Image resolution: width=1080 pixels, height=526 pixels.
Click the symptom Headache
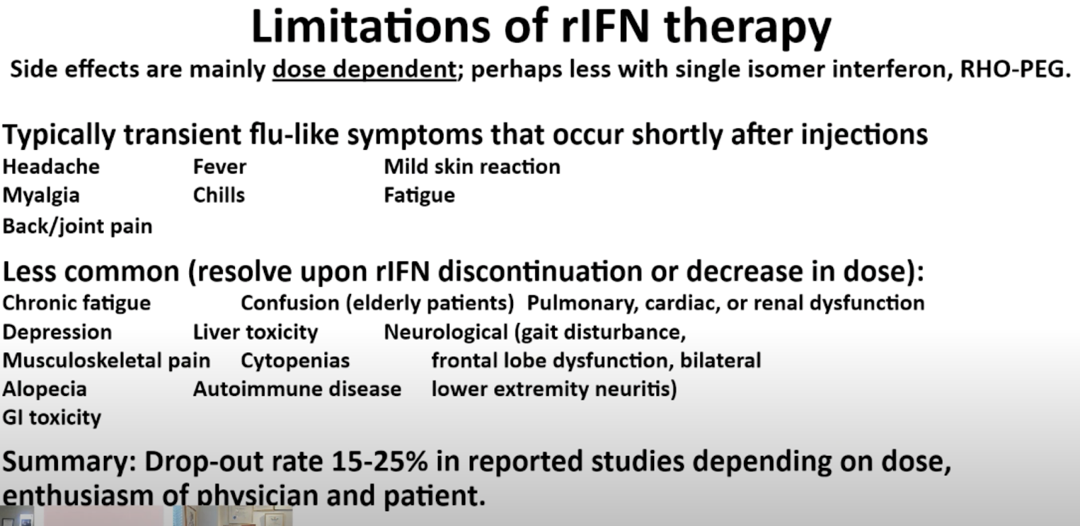coord(51,167)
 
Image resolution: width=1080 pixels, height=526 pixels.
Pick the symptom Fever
coord(220,167)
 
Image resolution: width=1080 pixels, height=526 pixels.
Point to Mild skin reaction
coord(472,167)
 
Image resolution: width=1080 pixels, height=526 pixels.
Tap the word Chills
coord(219,195)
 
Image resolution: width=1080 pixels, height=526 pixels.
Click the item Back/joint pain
coord(78,227)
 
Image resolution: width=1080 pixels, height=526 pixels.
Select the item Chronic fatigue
coord(77,303)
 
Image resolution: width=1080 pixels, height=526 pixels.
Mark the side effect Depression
coord(57,332)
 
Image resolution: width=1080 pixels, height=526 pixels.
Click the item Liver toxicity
coord(256,332)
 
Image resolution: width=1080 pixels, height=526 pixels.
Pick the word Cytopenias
coord(295,361)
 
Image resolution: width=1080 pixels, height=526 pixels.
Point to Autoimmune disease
coord(298,389)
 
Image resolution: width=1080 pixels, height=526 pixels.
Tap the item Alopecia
coord(45,389)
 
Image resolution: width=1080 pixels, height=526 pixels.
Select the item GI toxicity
coord(52,417)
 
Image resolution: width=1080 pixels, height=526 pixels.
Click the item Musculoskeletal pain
coord(107,361)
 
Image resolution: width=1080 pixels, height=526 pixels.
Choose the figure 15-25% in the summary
coord(379,461)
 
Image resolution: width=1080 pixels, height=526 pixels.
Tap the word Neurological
coord(446,332)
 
